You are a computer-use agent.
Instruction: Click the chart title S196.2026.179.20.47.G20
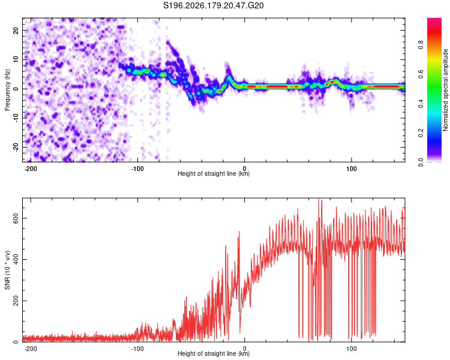pos(213,5)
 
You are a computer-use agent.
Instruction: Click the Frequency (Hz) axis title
pos(7,90)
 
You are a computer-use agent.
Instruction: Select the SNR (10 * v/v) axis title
pos(7,270)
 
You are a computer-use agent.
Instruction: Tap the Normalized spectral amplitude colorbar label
pos(445,90)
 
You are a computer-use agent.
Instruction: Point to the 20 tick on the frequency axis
pos(16,30)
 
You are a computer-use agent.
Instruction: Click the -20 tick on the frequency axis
pos(16,148)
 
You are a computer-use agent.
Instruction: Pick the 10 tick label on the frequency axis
pos(16,59)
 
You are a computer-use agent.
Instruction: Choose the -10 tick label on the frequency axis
pos(16,118)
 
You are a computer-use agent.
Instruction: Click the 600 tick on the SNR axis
pos(16,218)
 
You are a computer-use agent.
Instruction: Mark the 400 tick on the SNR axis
pos(16,260)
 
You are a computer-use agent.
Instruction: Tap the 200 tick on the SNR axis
pos(16,301)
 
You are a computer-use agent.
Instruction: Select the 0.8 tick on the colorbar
pos(421,45)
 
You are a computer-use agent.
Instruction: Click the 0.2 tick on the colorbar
pos(421,133)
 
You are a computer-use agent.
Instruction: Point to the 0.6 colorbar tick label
pos(421,74)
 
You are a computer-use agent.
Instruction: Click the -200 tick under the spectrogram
pos(31,169)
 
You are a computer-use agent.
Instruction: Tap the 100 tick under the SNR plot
pos(351,349)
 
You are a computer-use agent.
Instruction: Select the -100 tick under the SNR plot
pos(137,349)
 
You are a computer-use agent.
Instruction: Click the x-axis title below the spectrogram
pos(214,173)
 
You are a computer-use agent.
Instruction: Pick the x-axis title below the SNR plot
pos(214,353)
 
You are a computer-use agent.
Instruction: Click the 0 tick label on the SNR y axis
pos(16,342)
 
